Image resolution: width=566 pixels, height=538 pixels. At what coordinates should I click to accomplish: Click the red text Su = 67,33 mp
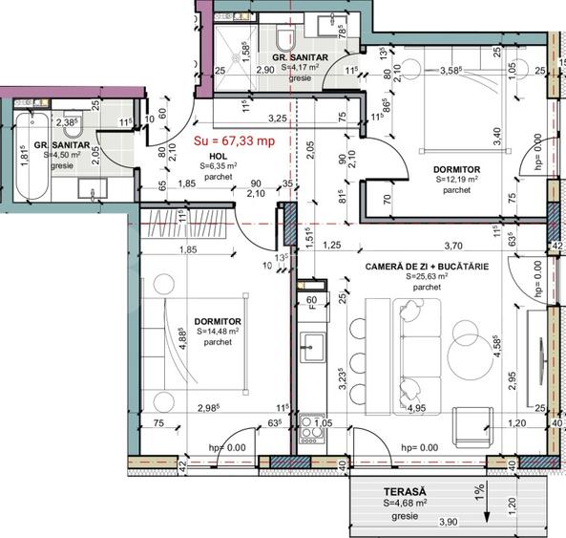pos(234,140)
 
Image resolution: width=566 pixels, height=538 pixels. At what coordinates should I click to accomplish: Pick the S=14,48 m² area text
pos(217,332)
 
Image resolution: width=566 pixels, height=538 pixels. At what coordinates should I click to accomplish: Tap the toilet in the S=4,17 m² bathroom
pos(285,37)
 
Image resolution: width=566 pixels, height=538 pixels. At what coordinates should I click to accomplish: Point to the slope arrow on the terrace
pos(487,501)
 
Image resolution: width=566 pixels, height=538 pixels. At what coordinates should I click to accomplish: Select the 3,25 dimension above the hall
pos(279,118)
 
